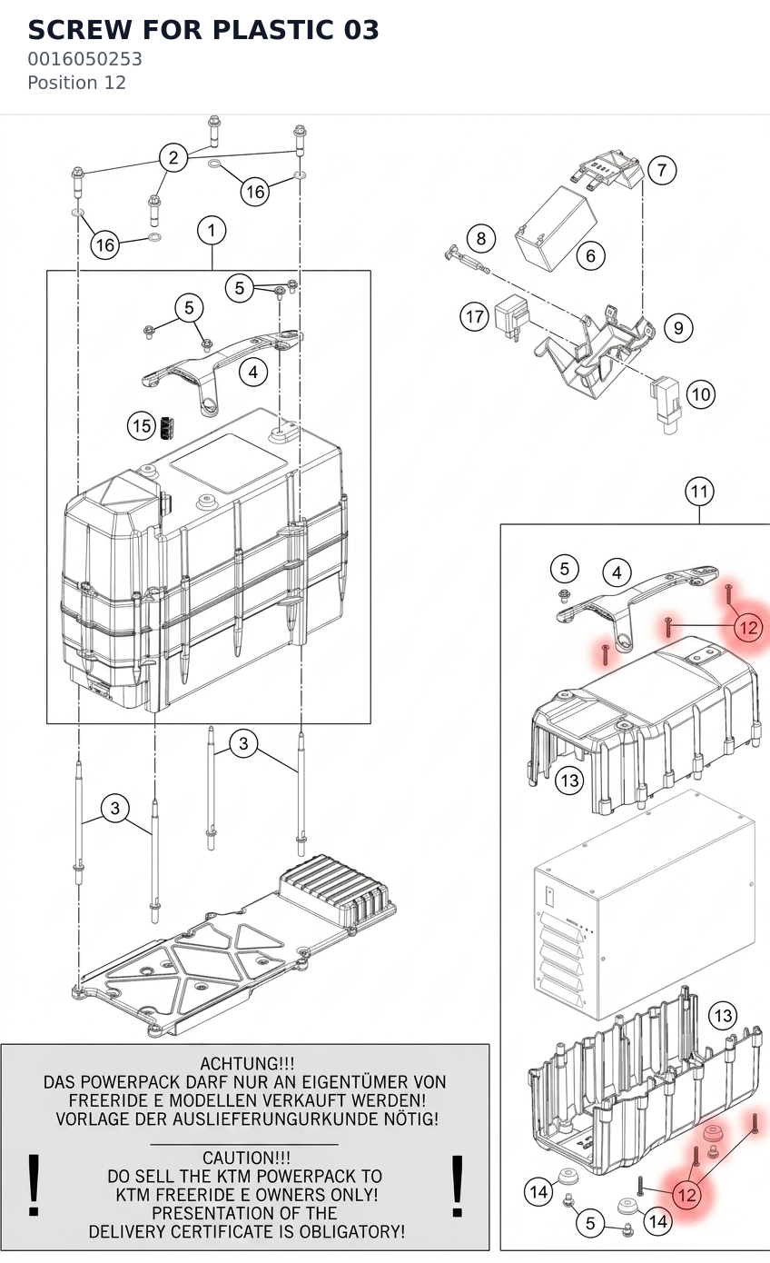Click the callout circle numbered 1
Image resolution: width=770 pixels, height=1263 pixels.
pos(212,231)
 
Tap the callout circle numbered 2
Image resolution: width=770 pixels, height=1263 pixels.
pos(173,157)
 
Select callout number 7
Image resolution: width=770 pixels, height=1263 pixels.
pos(662,170)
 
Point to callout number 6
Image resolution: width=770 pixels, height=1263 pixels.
pos(591,256)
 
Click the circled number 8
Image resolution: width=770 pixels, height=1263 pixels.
pos(481,238)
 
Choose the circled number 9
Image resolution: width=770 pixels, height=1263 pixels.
pos(678,328)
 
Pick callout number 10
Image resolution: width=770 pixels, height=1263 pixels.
pos(701,393)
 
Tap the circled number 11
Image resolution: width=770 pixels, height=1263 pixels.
pos(699,492)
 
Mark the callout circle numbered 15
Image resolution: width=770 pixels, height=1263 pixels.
pos(142,426)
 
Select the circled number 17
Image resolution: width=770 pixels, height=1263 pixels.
pos(475,316)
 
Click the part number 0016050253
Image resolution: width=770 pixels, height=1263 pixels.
pos(85,59)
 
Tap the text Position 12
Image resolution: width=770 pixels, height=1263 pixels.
pos(76,83)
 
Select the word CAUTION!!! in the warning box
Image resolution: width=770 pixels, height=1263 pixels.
pos(247,1158)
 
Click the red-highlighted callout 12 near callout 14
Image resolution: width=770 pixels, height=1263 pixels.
pos(687,1194)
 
